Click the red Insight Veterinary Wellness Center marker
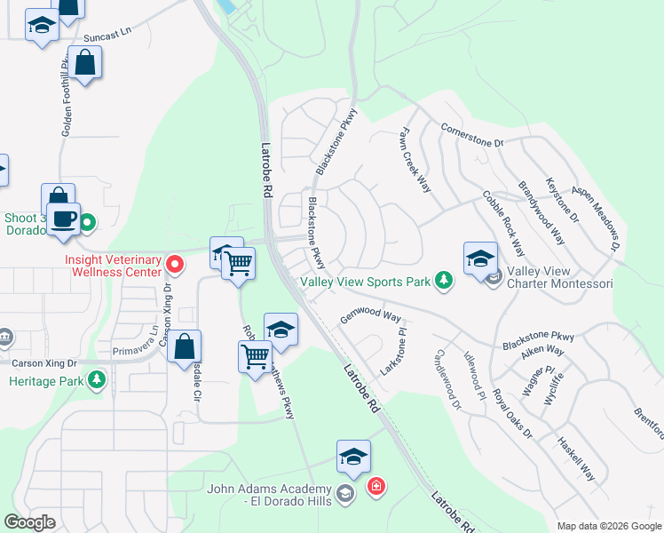pos(176,264)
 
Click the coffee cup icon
pos(63,219)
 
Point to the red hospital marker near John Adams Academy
pos(376,487)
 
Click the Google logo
pos(29,522)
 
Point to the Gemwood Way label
pos(371,314)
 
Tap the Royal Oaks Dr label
pos(512,414)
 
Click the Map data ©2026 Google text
pos(608,526)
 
